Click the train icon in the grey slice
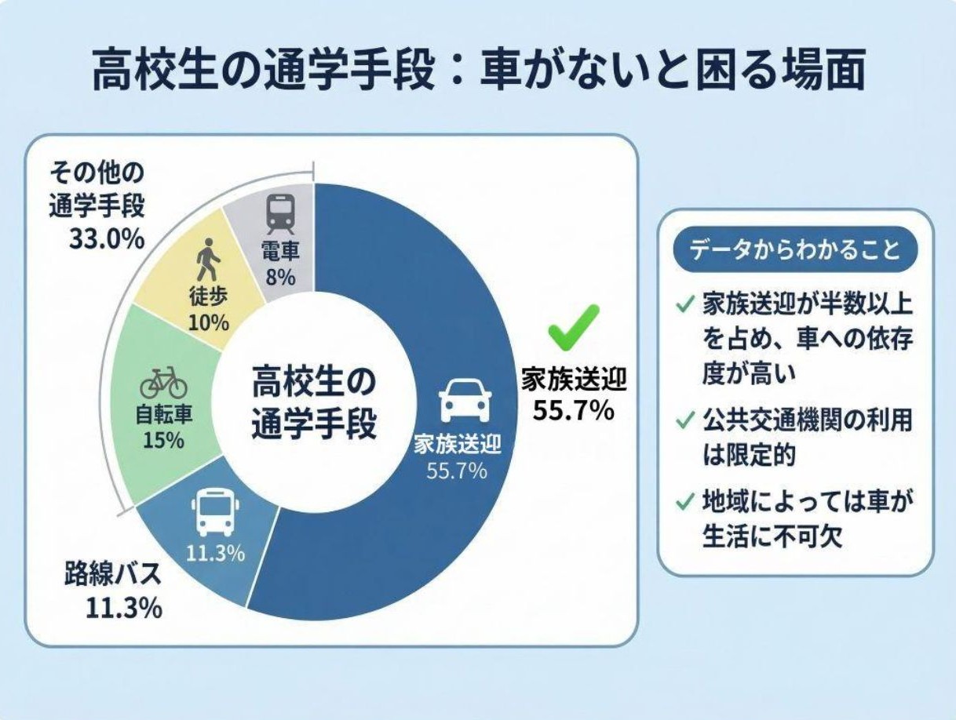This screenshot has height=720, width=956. tap(279, 214)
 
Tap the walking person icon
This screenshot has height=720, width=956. tap(206, 260)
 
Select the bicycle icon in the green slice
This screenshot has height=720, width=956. tap(163, 384)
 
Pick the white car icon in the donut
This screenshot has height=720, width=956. tap(465, 402)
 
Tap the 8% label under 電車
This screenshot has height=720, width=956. tap(279, 276)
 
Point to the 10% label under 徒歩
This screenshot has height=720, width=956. tap(208, 322)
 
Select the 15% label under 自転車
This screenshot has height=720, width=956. tap(163, 440)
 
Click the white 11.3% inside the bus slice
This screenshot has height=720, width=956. tap(215, 553)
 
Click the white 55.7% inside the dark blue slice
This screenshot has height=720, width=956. tap(456, 471)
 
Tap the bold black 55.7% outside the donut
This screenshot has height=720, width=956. tap(574, 409)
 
